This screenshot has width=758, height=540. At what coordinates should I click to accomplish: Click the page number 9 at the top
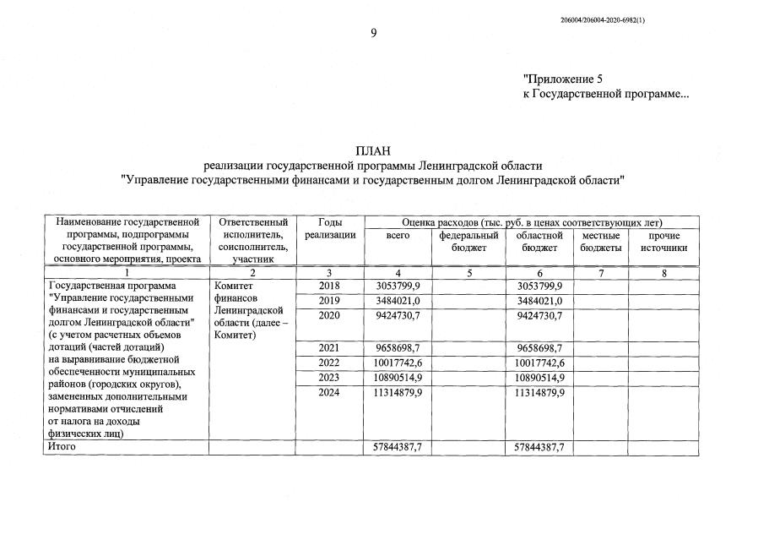point(373,33)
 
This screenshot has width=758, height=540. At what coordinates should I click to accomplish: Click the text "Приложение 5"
point(563,79)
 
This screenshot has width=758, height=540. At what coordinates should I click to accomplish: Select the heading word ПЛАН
point(372,151)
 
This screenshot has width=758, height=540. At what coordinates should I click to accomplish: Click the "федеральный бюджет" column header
point(469,241)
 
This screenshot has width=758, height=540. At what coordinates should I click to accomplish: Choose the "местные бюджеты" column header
point(601,241)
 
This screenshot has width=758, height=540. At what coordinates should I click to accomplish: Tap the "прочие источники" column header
point(663,241)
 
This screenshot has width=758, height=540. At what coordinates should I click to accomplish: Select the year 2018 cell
point(329,286)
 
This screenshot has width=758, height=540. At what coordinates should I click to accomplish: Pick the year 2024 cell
point(329,393)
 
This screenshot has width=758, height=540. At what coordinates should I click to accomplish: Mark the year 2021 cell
point(329,347)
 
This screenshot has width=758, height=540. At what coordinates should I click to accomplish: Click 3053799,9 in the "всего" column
point(398,286)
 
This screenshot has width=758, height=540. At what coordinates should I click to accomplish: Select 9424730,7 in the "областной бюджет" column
point(539,316)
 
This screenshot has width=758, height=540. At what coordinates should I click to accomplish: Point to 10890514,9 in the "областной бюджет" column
point(539,378)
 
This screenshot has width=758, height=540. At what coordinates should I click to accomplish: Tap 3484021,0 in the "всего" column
point(398,301)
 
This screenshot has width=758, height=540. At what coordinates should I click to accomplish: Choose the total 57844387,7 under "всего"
point(398,447)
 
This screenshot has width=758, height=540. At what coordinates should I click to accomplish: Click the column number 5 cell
point(469,273)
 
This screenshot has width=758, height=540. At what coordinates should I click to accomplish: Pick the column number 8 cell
point(663,273)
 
